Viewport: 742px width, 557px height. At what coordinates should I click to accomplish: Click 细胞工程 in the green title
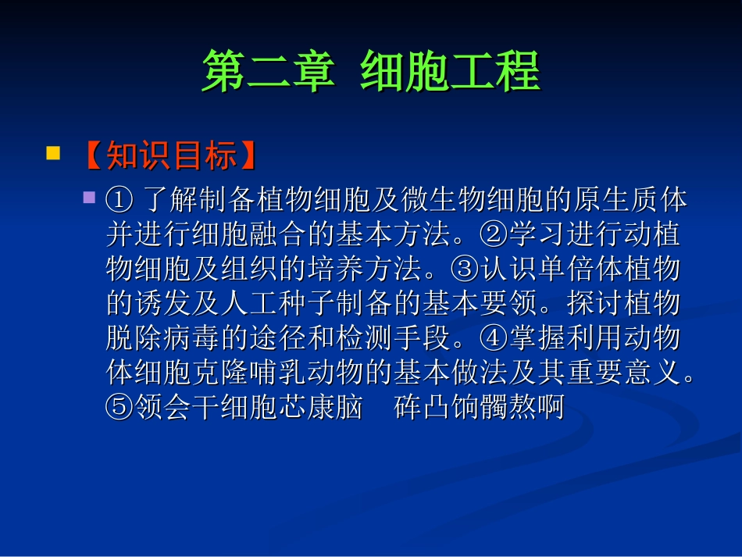tap(450, 73)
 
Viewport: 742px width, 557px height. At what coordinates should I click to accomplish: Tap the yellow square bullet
tap(53, 152)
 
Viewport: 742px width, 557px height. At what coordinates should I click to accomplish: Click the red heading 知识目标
tap(170, 155)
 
